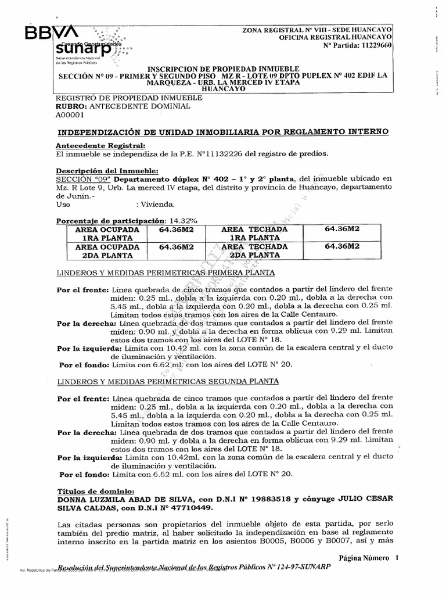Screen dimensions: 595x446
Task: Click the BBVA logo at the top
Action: pyautogui.click(x=51, y=33)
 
